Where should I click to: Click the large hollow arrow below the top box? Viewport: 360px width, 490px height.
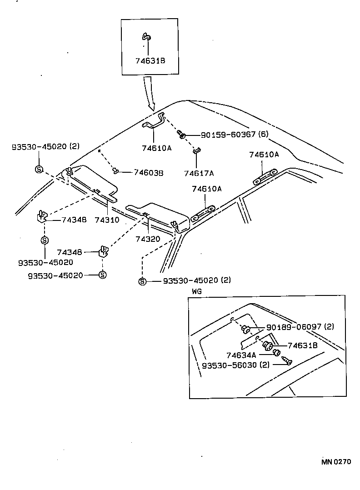(x=149, y=94)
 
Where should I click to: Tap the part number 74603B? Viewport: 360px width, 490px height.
(x=149, y=172)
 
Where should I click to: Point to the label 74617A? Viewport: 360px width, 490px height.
(x=199, y=173)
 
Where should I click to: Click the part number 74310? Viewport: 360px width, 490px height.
(x=107, y=220)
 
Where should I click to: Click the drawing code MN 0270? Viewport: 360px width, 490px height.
(x=336, y=462)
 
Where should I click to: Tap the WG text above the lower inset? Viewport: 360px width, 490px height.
(x=196, y=291)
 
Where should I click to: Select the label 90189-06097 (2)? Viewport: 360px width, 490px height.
(x=300, y=327)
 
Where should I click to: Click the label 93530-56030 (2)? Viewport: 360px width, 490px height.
(x=236, y=365)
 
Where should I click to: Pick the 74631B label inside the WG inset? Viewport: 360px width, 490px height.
(x=303, y=345)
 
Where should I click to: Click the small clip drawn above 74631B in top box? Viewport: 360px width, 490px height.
(x=146, y=37)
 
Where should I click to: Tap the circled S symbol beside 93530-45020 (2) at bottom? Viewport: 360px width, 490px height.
(x=142, y=281)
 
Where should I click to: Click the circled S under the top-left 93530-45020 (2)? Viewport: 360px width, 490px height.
(x=39, y=169)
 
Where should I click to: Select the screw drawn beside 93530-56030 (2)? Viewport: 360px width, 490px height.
(x=286, y=361)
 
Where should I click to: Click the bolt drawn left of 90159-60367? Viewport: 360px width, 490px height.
(x=181, y=134)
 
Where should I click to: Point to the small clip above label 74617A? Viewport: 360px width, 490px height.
(x=196, y=150)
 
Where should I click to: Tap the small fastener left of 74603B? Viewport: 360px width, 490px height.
(x=116, y=171)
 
